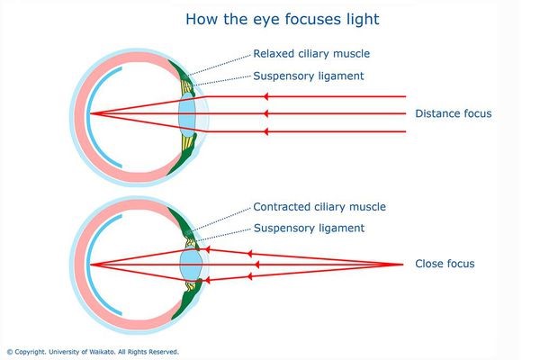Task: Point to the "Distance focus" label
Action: [454, 113]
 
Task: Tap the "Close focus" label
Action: [445, 264]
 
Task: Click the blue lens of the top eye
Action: [187, 113]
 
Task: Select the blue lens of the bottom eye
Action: [189, 265]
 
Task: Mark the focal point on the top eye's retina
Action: [90, 113]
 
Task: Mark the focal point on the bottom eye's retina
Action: [90, 265]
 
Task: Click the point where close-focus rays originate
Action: [402, 264]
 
